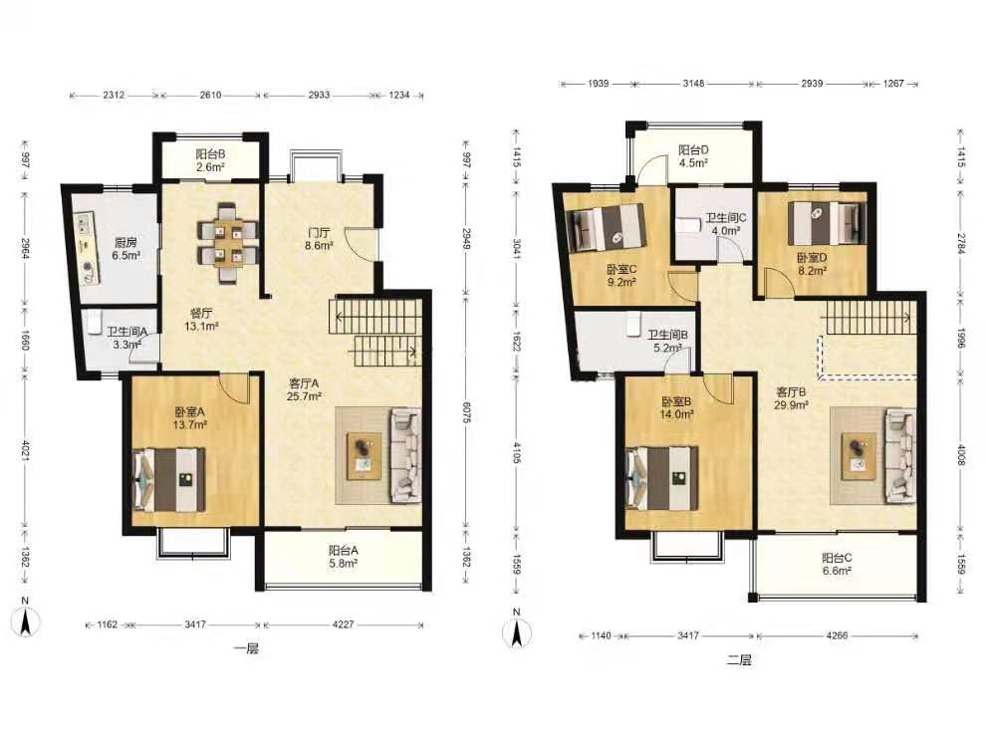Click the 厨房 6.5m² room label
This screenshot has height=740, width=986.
tap(125, 249)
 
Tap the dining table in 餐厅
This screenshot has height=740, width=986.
tap(227, 243)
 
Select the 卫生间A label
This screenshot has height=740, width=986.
tap(126, 332)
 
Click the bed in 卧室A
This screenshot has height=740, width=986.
tap(169, 480)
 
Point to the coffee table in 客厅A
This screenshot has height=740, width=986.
tap(365, 455)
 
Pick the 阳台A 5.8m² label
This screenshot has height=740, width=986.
tap(344, 557)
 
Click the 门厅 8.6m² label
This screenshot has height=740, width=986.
tap(319, 239)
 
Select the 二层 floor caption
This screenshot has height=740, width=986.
tap(739, 660)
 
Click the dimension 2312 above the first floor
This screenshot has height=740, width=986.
tap(114, 95)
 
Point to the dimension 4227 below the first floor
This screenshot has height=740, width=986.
tap(343, 624)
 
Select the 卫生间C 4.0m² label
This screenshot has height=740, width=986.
tap(726, 224)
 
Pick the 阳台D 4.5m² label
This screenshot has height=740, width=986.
tap(693, 156)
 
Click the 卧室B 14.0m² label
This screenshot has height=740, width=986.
tap(676, 408)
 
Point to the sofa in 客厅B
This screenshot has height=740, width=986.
tap(901, 455)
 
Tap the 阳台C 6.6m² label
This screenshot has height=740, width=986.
tap(837, 564)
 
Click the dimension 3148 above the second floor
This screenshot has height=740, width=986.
tap(693, 83)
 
